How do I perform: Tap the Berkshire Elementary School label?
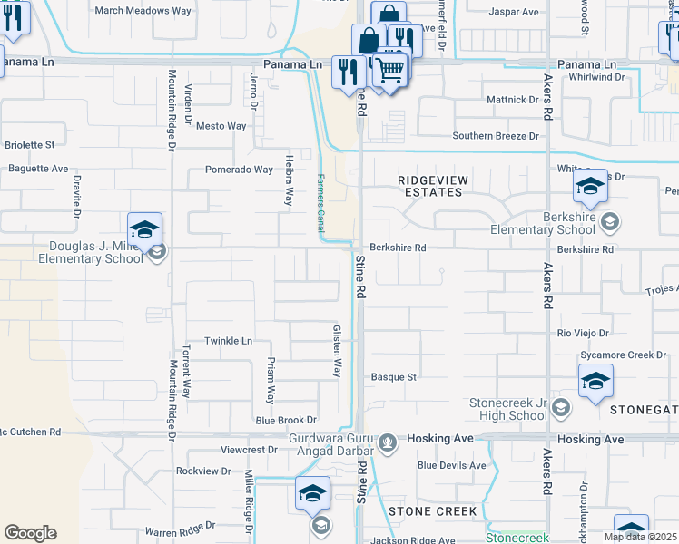543,223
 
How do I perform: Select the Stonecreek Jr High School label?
508,409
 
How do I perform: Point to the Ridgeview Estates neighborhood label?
433,186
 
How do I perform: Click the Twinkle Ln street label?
228,341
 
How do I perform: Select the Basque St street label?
393,376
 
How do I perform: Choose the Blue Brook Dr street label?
286,420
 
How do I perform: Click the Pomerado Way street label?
239,170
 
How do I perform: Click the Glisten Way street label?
337,352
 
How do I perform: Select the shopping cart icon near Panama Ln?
390,68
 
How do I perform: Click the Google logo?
30,533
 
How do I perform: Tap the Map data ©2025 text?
640,537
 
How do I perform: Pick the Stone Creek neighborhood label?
432,511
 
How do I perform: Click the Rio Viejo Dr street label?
583,334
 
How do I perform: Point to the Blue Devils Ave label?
452,465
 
